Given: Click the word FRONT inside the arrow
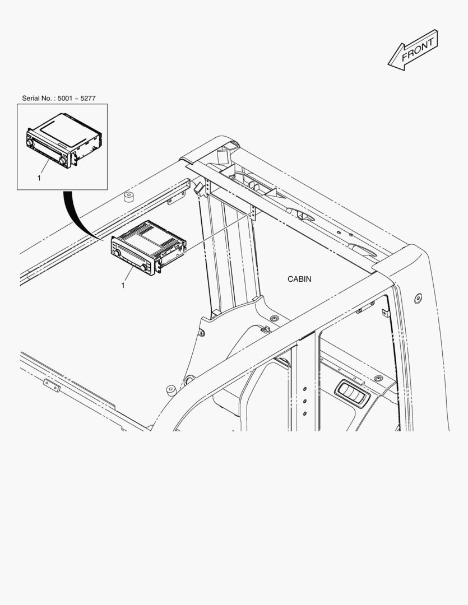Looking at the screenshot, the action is pyautogui.click(x=418, y=50).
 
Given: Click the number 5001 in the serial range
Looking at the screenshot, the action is pyautogui.click(x=64, y=99).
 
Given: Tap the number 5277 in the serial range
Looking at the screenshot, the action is pyautogui.click(x=88, y=99).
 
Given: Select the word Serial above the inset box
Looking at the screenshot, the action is pyautogui.click(x=30, y=99).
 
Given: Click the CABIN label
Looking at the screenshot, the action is pyautogui.click(x=299, y=279).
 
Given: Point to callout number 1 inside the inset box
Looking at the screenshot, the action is pyautogui.click(x=39, y=178).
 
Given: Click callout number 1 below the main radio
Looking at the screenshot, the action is pyautogui.click(x=123, y=286).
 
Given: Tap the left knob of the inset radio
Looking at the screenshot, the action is pyautogui.click(x=29, y=142).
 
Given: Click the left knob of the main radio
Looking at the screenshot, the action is pyautogui.click(x=115, y=253).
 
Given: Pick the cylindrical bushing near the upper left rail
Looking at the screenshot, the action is pyautogui.click(x=128, y=197).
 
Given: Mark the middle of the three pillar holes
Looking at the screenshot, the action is pyautogui.click(x=305, y=401).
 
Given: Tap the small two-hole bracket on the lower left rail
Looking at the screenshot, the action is pyautogui.click(x=52, y=385).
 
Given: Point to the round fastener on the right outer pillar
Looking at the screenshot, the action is pyautogui.click(x=418, y=298).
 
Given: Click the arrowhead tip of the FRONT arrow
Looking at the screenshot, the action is pyautogui.click(x=388, y=64).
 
